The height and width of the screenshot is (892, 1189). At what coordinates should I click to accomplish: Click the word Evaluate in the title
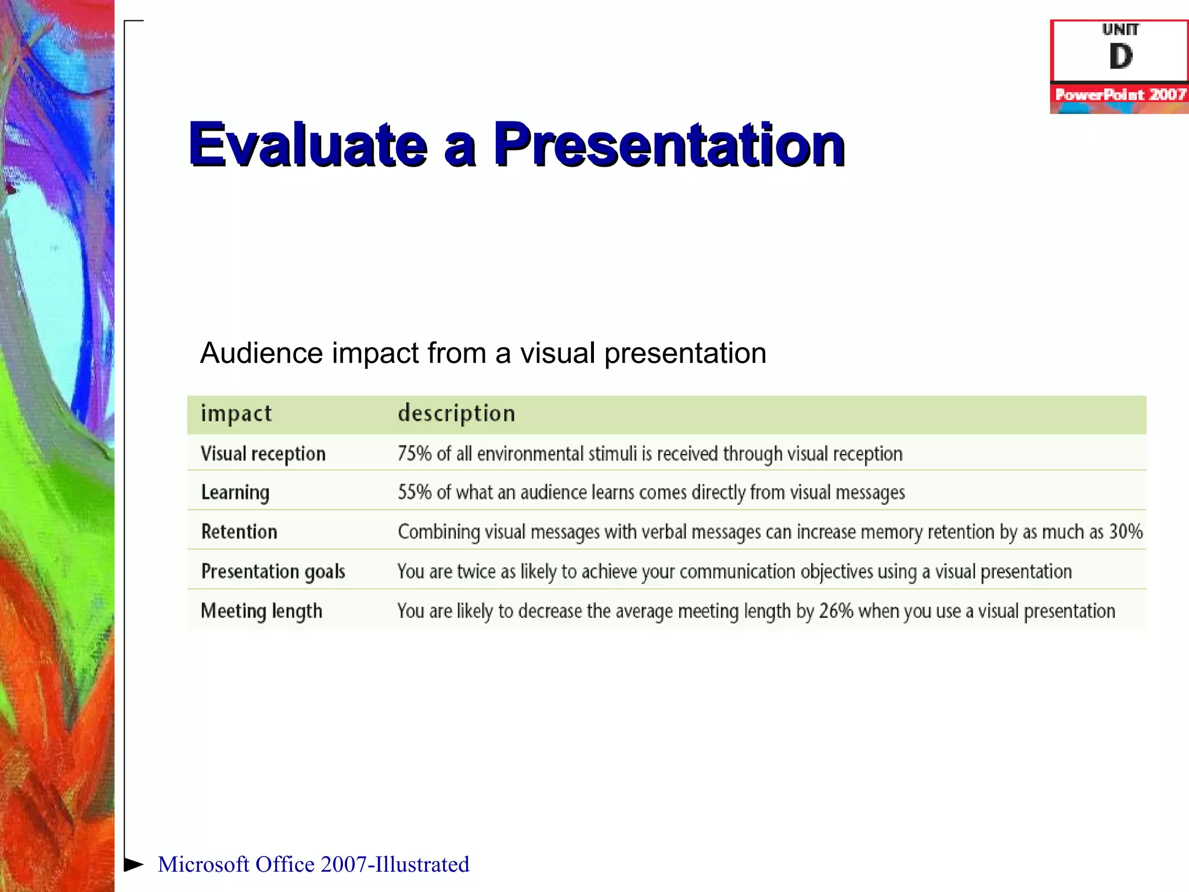308,145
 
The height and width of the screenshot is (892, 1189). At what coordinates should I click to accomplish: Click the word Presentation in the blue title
669,145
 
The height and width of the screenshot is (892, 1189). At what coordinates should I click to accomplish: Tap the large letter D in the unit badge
1120,56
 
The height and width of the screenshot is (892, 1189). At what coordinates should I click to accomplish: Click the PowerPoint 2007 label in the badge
1120,94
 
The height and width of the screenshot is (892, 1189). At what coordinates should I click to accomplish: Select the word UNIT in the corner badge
1120,29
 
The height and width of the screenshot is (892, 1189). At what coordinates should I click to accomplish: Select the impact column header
236,413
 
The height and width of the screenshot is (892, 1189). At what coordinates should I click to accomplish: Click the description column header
456,413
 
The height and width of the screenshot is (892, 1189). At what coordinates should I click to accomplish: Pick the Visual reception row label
263,454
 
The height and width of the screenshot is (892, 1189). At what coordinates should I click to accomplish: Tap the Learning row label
235,492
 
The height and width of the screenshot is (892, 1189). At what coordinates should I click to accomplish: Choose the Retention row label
239,531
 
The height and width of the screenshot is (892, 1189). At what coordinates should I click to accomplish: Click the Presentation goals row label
273,571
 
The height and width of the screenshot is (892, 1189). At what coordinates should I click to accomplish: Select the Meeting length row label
261,611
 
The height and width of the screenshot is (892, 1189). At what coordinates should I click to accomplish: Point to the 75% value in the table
415,454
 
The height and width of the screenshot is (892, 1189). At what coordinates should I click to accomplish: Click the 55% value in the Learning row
415,492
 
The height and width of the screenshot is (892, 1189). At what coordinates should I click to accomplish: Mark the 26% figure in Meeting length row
835,611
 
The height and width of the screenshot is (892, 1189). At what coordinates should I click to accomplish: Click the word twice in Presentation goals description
476,571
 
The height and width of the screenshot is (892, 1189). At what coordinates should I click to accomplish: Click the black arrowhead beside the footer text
134,864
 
